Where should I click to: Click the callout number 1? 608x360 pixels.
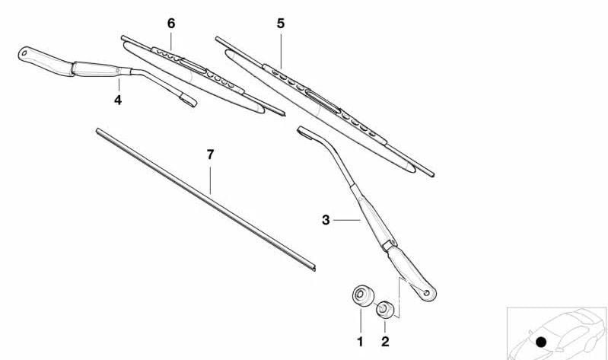click(x=360, y=342)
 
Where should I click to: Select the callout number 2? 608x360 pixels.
click(x=385, y=342)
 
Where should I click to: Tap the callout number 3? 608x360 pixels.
click(x=326, y=220)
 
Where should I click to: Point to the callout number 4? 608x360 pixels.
click(x=118, y=100)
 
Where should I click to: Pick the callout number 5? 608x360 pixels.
click(x=281, y=24)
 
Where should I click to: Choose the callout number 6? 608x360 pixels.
click(x=171, y=24)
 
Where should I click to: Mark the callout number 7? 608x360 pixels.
click(x=210, y=155)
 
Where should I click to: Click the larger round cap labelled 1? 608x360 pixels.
click(x=363, y=295)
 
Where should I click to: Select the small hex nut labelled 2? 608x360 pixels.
click(x=384, y=309)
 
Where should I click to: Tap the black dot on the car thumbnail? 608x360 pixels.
click(x=541, y=342)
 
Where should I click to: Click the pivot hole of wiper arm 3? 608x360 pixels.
click(x=427, y=293)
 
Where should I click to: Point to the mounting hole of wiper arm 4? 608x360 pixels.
click(x=24, y=53)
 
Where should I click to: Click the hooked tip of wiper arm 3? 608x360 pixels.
click(x=302, y=131)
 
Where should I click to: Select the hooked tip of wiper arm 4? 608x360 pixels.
click(x=189, y=101)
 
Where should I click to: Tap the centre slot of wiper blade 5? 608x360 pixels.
click(x=323, y=101)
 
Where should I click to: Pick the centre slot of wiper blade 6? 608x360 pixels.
click(x=193, y=66)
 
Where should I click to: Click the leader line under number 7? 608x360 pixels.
click(x=210, y=180)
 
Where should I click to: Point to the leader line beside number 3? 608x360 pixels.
click(x=347, y=221)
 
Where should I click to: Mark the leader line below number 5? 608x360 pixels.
click(x=281, y=50)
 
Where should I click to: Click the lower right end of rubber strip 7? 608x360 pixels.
click(x=314, y=268)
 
